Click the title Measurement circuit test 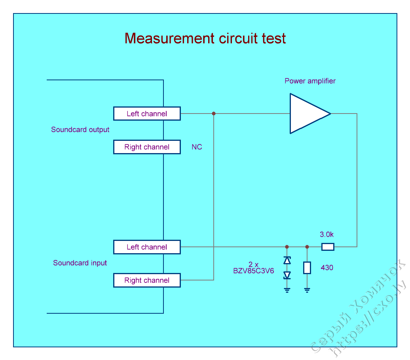[x=205, y=38]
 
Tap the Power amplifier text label [x=310, y=81]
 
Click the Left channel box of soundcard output [x=147, y=114]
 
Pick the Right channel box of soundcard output [x=147, y=147]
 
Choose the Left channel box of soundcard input [x=147, y=247]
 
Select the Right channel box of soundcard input [x=147, y=280]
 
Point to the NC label [x=197, y=147]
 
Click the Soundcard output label [x=80, y=130]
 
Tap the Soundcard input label [x=80, y=263]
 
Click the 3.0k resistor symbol [x=328, y=247]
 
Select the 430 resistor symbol [x=307, y=268]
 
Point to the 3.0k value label [x=326, y=235]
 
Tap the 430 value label [x=327, y=268]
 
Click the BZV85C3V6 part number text [x=253, y=271]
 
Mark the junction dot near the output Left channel [x=214, y=114]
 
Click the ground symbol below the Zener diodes [x=287, y=290]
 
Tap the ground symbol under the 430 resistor [x=307, y=290]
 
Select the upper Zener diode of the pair [x=287, y=260]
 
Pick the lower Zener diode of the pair [x=287, y=275]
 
